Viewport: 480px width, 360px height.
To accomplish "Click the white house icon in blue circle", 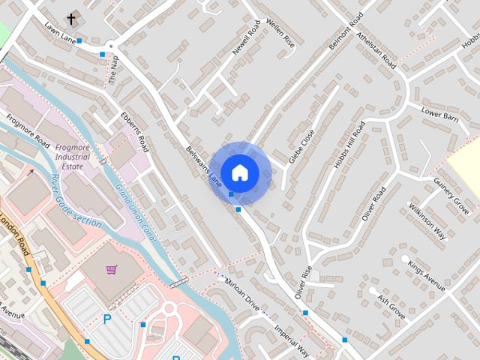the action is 239,172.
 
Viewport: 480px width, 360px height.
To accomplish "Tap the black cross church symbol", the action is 72,19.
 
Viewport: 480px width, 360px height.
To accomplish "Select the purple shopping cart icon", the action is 112,269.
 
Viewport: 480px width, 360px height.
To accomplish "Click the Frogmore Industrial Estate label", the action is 72,157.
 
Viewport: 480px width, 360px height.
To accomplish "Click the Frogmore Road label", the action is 28,130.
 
